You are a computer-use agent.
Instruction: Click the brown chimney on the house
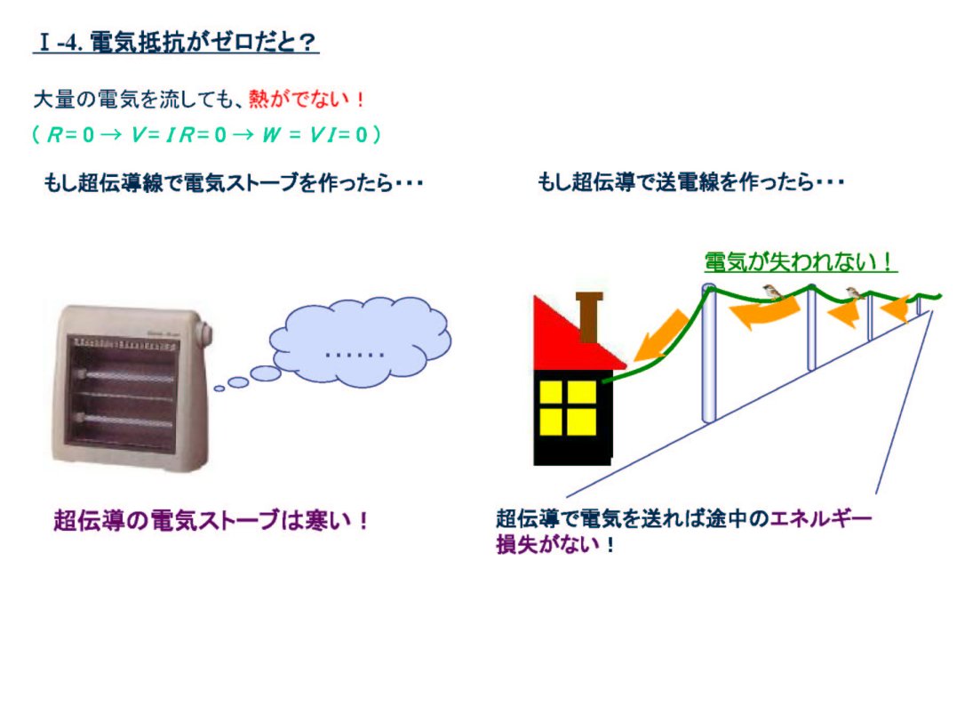click(589, 316)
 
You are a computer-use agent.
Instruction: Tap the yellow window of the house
click(568, 407)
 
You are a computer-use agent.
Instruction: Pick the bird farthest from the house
click(855, 292)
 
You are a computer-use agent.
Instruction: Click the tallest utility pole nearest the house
click(709, 354)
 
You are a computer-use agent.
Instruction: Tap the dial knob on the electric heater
click(203, 333)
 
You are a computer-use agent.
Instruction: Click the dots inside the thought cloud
click(355, 355)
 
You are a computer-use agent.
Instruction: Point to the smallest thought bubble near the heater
click(219, 389)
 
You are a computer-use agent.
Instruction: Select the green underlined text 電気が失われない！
click(800, 261)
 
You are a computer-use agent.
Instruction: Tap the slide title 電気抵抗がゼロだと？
click(203, 42)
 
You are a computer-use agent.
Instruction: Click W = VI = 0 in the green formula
click(315, 134)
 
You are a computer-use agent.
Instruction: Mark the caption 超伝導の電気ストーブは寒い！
click(211, 520)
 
